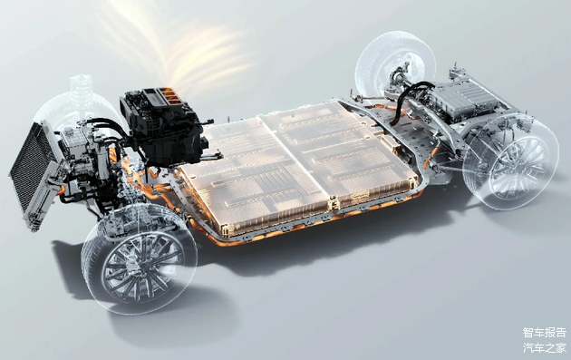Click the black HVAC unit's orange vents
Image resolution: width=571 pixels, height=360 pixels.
pyautogui.click(x=169, y=95)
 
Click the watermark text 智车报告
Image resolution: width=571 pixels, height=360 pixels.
pyautogui.click(x=545, y=332)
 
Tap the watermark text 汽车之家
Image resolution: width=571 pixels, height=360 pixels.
pyautogui.click(x=545, y=347)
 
